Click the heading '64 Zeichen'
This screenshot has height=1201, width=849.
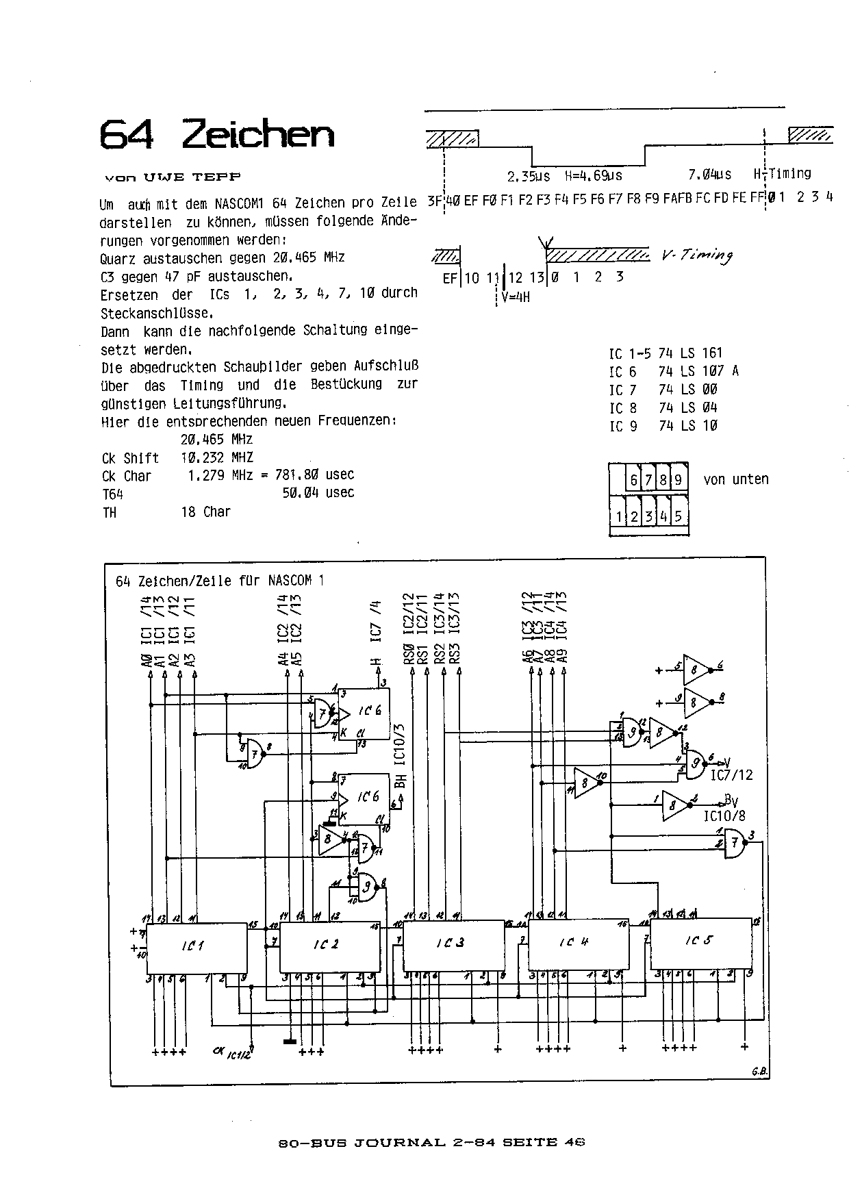coord(217,134)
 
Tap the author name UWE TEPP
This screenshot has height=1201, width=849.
coord(192,177)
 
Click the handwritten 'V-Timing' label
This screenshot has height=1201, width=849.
coord(697,255)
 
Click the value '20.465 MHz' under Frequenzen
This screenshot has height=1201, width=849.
coord(216,439)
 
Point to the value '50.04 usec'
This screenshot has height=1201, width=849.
coord(318,492)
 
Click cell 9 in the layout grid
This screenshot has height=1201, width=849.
coord(678,480)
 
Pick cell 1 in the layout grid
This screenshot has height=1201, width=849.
coord(619,516)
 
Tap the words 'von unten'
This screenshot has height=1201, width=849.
coord(736,479)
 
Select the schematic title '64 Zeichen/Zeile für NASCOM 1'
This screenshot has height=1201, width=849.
coord(220,581)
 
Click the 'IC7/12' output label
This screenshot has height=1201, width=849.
coord(731,775)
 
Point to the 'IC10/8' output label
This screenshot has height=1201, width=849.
coord(724,817)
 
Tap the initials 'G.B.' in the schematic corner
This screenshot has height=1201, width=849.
coord(759,1072)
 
